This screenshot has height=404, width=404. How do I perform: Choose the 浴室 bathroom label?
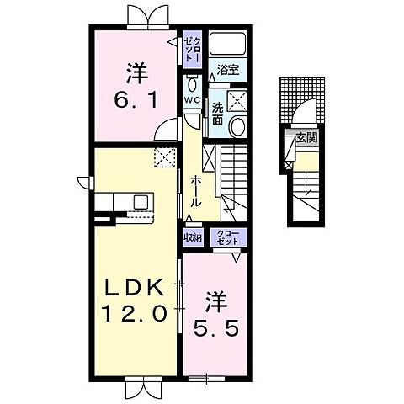(x=225, y=72)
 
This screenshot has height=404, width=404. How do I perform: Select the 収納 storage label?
(x=193, y=237)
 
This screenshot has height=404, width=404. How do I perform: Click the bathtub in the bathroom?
(x=225, y=45)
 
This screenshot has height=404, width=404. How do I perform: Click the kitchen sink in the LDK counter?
(x=140, y=201)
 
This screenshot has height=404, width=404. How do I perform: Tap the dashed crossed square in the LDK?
(x=163, y=157)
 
